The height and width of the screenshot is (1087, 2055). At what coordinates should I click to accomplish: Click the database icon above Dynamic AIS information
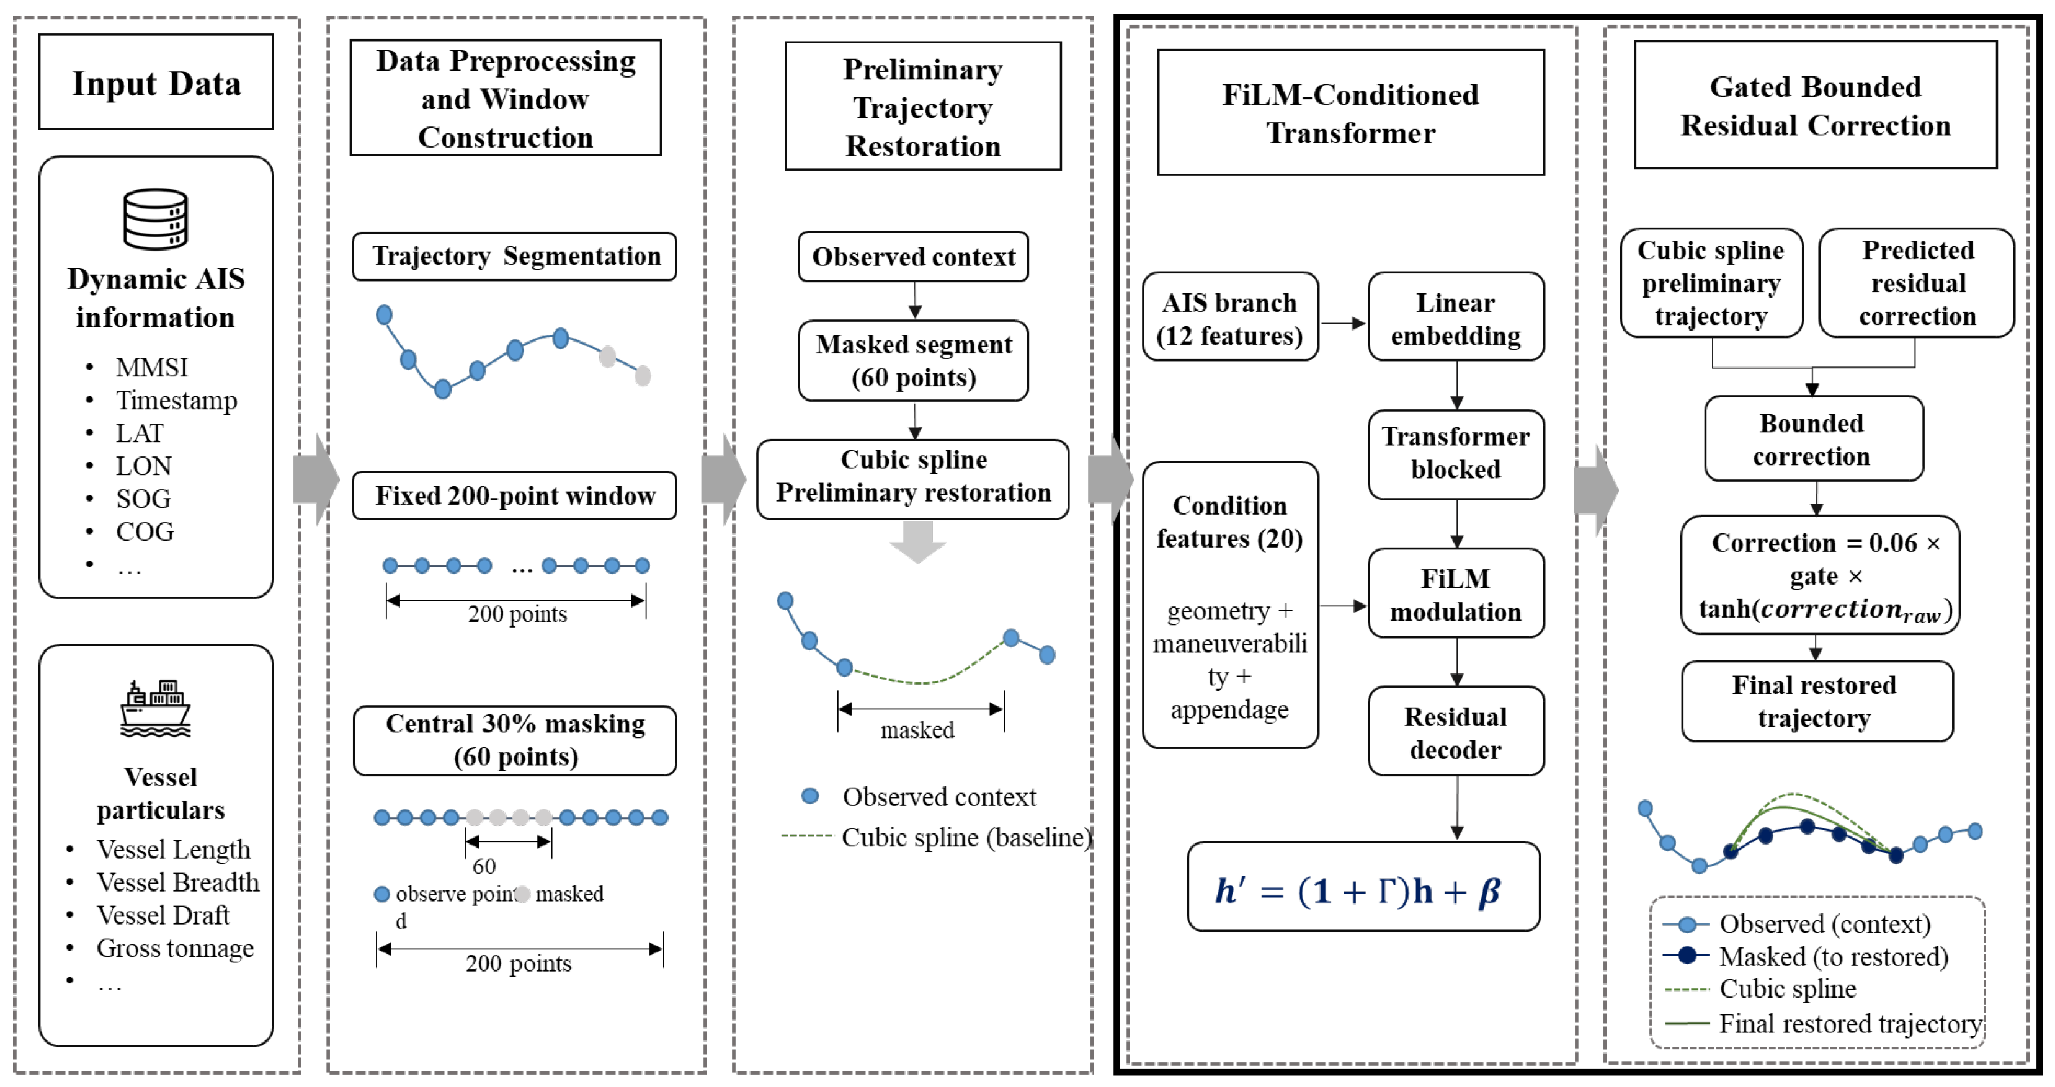156,218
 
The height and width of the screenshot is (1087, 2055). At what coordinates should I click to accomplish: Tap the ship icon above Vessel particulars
156,708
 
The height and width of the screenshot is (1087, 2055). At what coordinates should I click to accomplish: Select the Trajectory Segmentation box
515,256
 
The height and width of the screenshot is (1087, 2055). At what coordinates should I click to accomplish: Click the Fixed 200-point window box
515,495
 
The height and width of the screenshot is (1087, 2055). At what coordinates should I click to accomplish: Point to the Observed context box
914,257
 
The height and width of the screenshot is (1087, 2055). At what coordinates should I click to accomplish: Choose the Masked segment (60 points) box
914,360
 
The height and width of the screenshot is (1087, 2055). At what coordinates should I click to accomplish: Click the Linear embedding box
1456,317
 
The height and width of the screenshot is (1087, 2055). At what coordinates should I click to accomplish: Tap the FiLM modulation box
1456,593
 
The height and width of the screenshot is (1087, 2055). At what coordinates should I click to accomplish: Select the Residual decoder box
1456,731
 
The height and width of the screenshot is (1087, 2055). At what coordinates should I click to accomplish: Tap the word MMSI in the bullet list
151,367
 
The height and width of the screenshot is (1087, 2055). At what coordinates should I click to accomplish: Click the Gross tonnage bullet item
175,947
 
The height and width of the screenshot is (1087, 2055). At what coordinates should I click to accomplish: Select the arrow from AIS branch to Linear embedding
1344,323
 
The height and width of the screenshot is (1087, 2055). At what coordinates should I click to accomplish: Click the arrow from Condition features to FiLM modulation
1344,606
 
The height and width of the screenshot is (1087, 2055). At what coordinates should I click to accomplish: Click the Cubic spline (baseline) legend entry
937,836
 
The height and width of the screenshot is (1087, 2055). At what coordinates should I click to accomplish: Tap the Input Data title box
156,81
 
